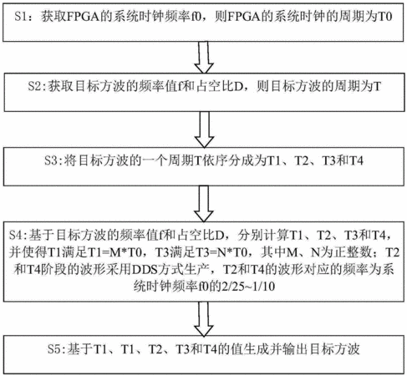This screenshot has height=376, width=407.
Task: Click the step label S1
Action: click(x=21, y=17)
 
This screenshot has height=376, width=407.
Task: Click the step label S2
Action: click(x=34, y=86)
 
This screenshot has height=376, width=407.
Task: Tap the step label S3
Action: click(x=51, y=160)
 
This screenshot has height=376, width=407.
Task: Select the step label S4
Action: click(x=16, y=236)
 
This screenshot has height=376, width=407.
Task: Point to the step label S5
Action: click(x=54, y=349)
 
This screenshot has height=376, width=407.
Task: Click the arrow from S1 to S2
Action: click(x=204, y=58)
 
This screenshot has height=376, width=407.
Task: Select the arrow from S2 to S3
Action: click(x=204, y=130)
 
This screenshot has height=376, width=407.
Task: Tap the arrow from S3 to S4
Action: click(x=204, y=204)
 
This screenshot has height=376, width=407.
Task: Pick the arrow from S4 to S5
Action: click(x=204, y=319)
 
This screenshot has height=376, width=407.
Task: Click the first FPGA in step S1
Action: click(x=84, y=17)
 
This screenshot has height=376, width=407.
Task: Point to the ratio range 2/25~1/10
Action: click(x=247, y=286)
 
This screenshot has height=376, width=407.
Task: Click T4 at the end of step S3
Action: click(x=356, y=160)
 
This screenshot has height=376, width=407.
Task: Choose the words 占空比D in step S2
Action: click(x=220, y=86)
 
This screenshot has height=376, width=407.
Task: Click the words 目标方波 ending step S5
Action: click(x=334, y=349)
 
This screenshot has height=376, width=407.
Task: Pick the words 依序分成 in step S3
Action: click(x=228, y=160)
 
